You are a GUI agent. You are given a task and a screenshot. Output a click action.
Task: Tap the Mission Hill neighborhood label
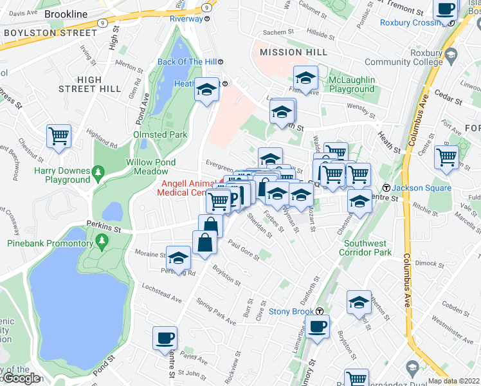coord(289,52)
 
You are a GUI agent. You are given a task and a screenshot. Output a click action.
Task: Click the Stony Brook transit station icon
coord(319,312)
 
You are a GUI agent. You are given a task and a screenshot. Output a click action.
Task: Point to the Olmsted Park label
coord(159,134)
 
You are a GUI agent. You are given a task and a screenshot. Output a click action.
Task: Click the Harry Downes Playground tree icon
coord(98,172)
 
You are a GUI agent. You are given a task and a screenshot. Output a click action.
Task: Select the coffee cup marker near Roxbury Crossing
coord(445,10)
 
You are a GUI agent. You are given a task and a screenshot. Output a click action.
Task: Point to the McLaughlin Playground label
coord(351,84)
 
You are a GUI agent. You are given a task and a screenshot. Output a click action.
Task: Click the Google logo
coord(21,378)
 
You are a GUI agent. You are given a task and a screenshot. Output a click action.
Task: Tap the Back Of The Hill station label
coord(186,62)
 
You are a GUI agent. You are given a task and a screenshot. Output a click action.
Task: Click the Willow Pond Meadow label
coord(147,167)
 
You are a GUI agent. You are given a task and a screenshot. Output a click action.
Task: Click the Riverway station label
coord(186,19)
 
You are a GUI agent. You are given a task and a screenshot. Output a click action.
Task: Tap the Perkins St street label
coord(104,229)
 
